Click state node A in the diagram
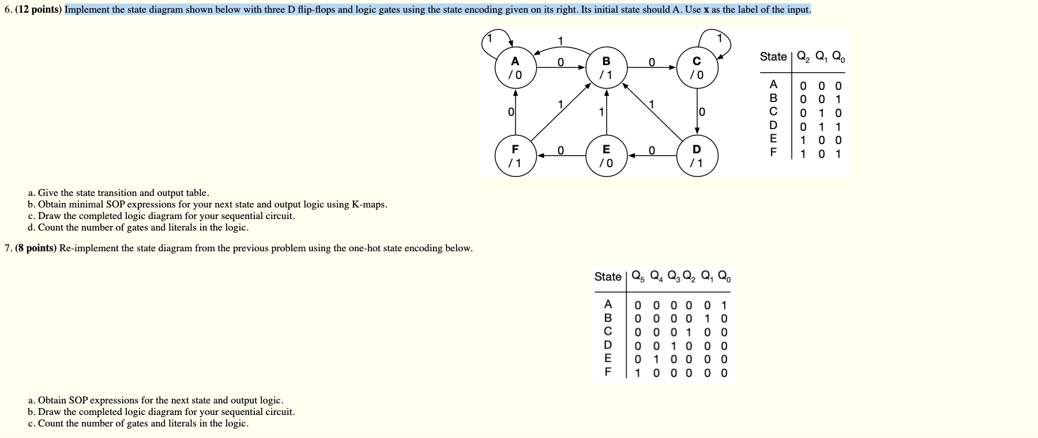click(x=515, y=68)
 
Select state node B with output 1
click(x=606, y=68)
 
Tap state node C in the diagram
click(x=697, y=68)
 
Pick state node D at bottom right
click(x=697, y=156)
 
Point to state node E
click(x=606, y=156)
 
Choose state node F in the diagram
click(x=515, y=156)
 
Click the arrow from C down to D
click(x=697, y=112)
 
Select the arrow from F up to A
click(x=515, y=112)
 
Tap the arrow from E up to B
click(x=606, y=112)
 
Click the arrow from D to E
click(x=652, y=156)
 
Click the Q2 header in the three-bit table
click(x=803, y=57)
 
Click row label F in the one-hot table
click(x=607, y=372)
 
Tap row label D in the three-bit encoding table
click(x=773, y=126)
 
